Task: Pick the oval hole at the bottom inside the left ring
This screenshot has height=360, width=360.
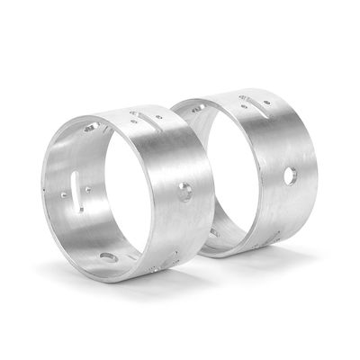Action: coord(109,258)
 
